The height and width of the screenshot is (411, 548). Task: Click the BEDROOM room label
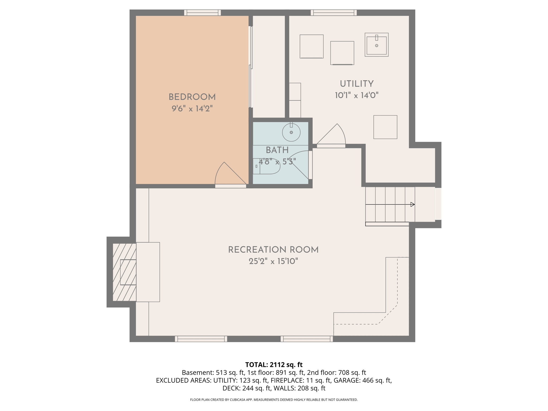192,97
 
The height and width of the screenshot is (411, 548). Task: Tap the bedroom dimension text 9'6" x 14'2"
192,109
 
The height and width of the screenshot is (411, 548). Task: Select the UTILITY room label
356,84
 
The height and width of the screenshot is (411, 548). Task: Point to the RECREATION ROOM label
273,250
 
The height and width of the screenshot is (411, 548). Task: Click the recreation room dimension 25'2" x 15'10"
273,261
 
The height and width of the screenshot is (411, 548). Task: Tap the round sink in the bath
291,132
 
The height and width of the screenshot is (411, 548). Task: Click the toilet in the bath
266,166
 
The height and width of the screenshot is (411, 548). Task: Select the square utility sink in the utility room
376,45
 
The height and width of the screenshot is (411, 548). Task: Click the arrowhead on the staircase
412,204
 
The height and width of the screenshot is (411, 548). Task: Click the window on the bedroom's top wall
203,13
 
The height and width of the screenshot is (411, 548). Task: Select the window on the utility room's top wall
333,13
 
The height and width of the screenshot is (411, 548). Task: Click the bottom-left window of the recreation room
201,339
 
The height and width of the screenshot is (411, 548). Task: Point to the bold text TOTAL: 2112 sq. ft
274,365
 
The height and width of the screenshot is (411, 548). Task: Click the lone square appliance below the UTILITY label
385,127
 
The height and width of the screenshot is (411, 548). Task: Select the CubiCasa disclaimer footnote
274,400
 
